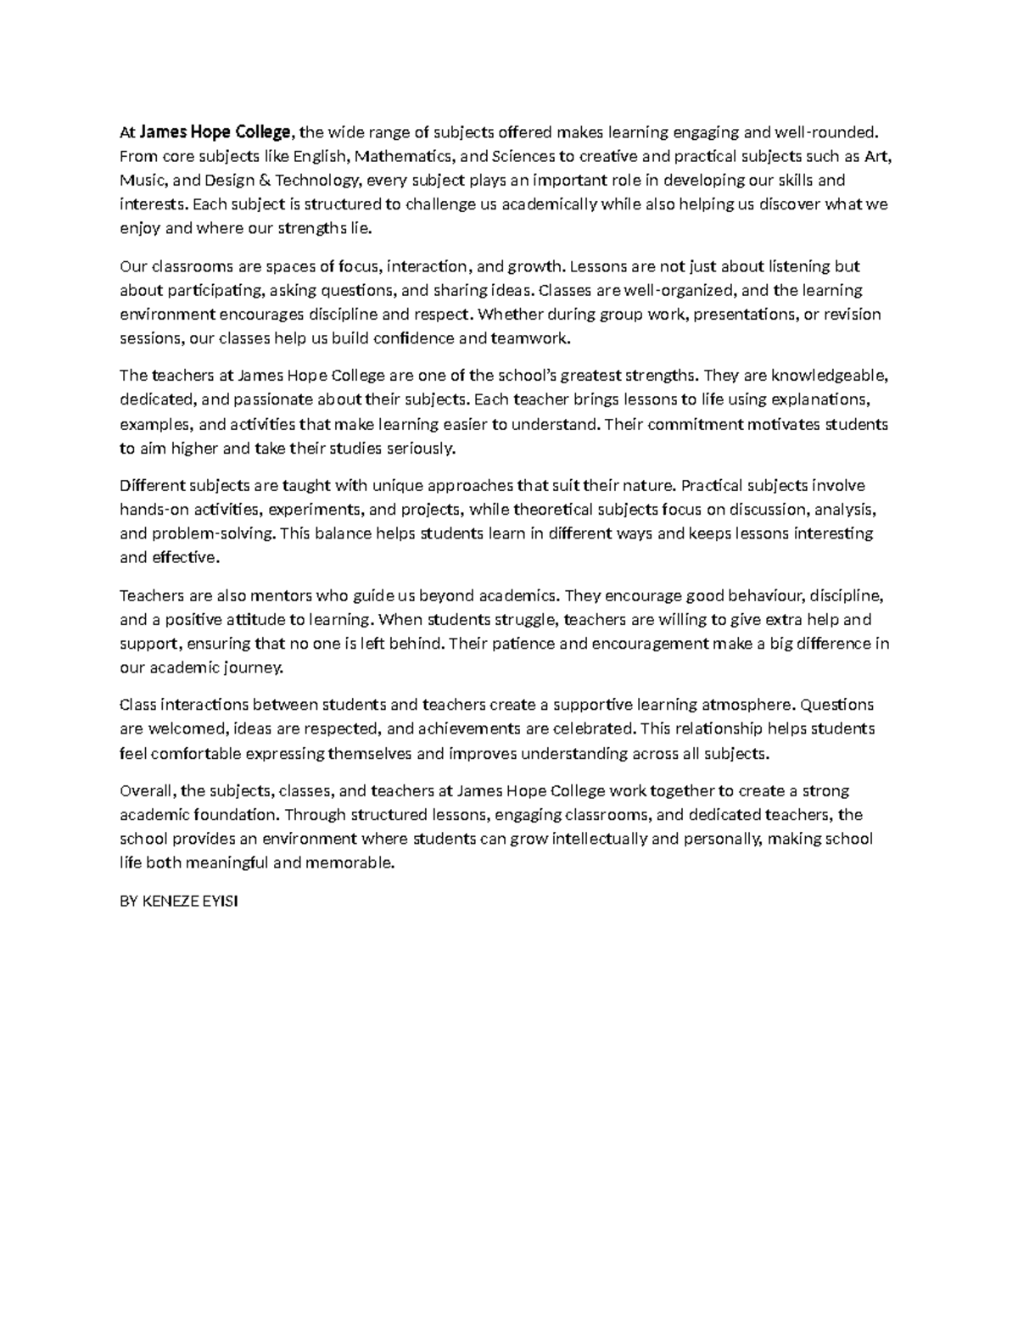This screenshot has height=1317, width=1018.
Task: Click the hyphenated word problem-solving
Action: [213, 533]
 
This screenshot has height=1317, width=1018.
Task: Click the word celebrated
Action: [593, 728]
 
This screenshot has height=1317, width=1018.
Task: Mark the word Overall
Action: [148, 791]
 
